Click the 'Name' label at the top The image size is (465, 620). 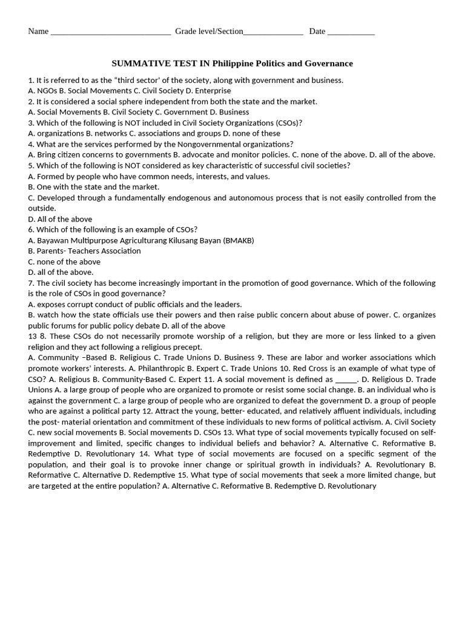point(38,31)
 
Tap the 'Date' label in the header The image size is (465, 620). point(317,31)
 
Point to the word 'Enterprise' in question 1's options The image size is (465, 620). point(212,91)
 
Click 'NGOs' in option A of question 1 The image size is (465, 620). point(47,91)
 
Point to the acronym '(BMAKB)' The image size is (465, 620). point(239,240)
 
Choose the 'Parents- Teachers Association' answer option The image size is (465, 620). point(84,251)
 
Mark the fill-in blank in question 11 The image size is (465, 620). point(346,380)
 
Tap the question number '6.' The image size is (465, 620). point(31,229)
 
